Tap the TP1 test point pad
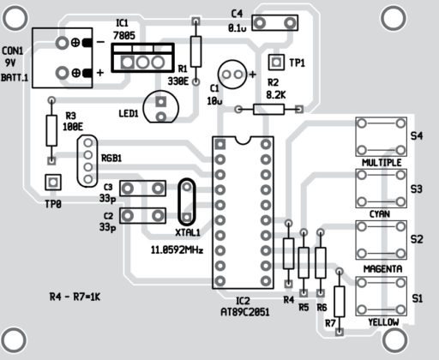point(277,62)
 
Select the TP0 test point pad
point(52,182)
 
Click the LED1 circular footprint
point(161,106)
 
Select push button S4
point(379,135)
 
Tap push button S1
point(379,297)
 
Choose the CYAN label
point(381,213)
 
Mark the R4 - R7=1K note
point(75,297)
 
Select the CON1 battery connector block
point(62,57)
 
